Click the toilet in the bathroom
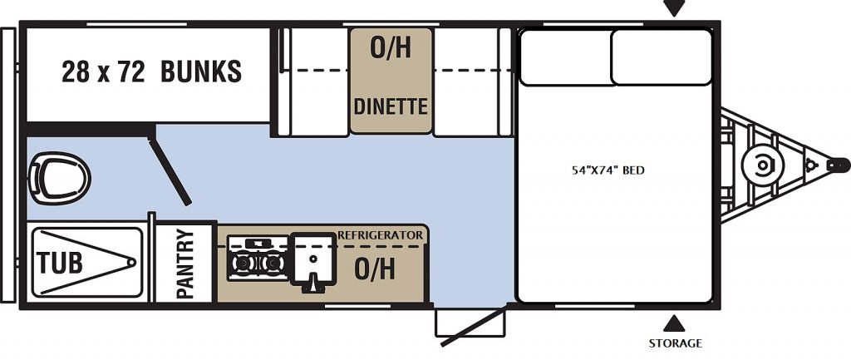tap(58, 177)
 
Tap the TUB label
tap(60, 264)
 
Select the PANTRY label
tap(185, 264)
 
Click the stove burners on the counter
tap(257, 260)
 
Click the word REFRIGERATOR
tap(380, 235)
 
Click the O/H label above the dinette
tap(390, 48)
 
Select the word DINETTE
tap(391, 106)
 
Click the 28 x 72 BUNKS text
tap(151, 72)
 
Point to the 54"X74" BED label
tap(609, 170)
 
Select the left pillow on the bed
tap(565, 57)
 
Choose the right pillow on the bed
tap(662, 57)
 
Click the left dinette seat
tap(313, 81)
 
